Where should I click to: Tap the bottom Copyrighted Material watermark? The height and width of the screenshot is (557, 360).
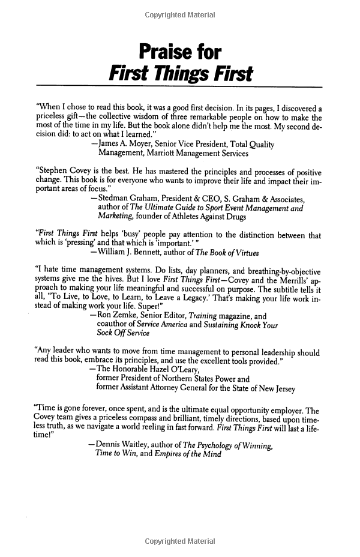coord(180,541)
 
